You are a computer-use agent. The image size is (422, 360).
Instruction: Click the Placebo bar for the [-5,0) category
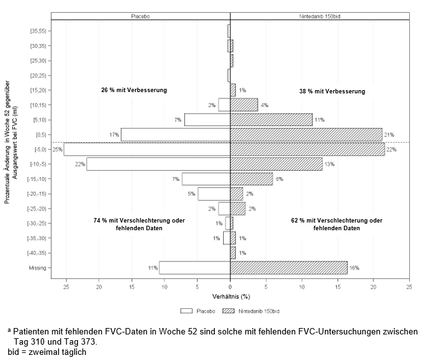(x=147, y=149)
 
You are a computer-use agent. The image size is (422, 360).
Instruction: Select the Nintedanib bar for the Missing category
(x=288, y=268)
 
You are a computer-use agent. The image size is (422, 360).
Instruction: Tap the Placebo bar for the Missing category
(x=194, y=268)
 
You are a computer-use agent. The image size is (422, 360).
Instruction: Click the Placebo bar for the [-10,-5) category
(x=159, y=164)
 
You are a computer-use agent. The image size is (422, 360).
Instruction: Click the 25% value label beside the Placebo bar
(x=58, y=150)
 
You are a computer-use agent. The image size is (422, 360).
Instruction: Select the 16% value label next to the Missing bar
(x=354, y=268)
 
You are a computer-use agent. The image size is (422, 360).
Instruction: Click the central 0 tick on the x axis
(x=230, y=287)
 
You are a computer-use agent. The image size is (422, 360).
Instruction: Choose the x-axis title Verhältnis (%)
(x=230, y=297)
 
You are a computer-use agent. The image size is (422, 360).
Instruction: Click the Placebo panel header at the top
(x=140, y=15)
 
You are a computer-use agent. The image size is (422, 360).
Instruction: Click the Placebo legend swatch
(x=187, y=311)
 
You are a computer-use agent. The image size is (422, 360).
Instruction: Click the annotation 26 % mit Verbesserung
(x=134, y=90)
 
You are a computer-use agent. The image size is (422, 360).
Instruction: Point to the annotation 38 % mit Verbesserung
(x=332, y=91)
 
